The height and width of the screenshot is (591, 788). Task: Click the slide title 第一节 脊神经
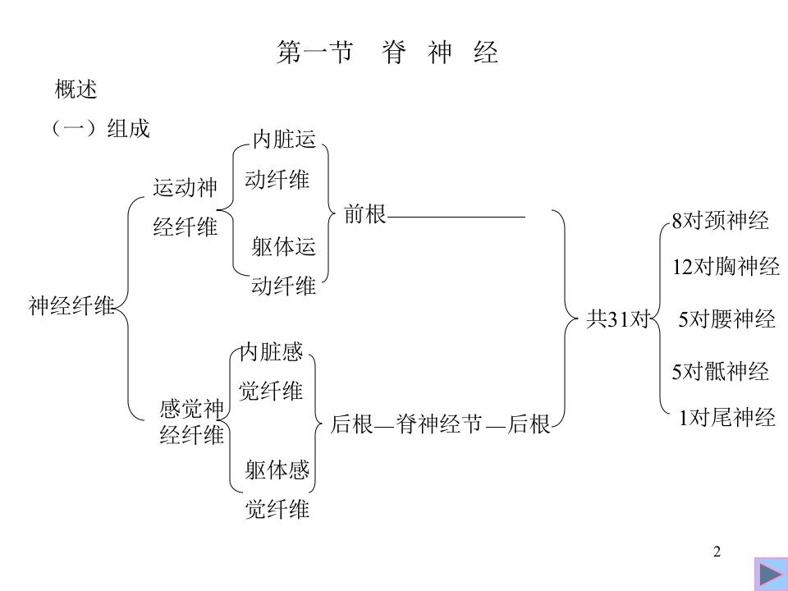point(387,53)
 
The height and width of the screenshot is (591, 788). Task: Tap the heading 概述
point(76,89)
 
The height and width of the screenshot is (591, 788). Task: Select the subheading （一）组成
point(100,128)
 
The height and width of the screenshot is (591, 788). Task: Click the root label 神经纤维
point(71,305)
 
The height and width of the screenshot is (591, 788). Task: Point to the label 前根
point(364,214)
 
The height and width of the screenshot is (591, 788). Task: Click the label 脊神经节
point(438,424)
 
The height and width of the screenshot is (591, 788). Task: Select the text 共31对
point(619,318)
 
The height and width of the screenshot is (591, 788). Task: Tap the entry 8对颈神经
point(721,220)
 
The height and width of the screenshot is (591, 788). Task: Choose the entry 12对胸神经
point(726,266)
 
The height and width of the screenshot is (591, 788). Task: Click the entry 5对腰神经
point(726,318)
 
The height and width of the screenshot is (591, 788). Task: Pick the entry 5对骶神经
point(721,371)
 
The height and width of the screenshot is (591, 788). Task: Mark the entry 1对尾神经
point(726,417)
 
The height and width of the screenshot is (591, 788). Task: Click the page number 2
point(717,552)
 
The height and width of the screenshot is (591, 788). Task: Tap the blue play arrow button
point(771,574)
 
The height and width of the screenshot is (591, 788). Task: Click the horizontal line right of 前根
point(456,217)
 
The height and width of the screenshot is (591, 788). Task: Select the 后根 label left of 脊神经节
point(352,424)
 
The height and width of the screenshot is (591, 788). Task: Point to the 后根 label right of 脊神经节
point(529,424)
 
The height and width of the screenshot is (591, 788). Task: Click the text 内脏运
point(284,139)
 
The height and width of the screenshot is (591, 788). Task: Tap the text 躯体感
point(277,470)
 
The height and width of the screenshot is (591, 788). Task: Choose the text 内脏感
point(272,352)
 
